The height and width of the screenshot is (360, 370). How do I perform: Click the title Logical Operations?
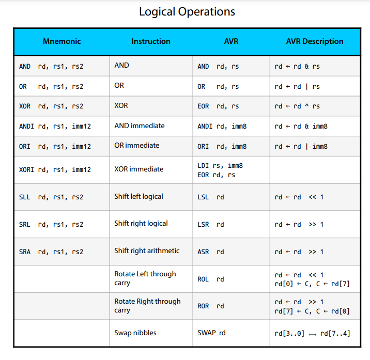point(187,12)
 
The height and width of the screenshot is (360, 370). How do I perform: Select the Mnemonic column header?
point(62,41)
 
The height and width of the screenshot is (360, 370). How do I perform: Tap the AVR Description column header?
point(314,41)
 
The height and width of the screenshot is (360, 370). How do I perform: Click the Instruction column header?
point(151,41)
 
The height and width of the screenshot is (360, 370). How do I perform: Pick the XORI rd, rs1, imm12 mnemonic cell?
point(55,169)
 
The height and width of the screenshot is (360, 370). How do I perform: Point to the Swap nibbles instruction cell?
point(135,333)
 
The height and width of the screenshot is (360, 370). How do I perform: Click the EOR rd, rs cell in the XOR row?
point(218,106)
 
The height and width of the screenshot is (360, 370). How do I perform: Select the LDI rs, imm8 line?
point(220,166)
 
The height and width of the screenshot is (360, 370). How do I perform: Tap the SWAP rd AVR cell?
point(211,333)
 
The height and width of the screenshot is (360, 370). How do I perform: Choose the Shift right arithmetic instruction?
point(147,251)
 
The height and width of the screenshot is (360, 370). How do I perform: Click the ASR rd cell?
point(211,252)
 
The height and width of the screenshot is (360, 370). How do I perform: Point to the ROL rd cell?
point(211,279)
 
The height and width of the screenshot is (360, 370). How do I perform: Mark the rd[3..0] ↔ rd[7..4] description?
point(312,334)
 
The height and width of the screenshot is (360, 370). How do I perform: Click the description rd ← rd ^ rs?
point(297,106)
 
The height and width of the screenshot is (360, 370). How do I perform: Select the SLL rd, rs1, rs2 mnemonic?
point(51,197)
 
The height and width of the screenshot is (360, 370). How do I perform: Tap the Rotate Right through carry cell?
point(147,306)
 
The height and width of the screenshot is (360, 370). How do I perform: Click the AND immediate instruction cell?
point(140,126)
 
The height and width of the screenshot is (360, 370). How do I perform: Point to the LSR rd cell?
point(211,225)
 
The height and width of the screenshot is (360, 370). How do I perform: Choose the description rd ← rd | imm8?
point(301,147)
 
